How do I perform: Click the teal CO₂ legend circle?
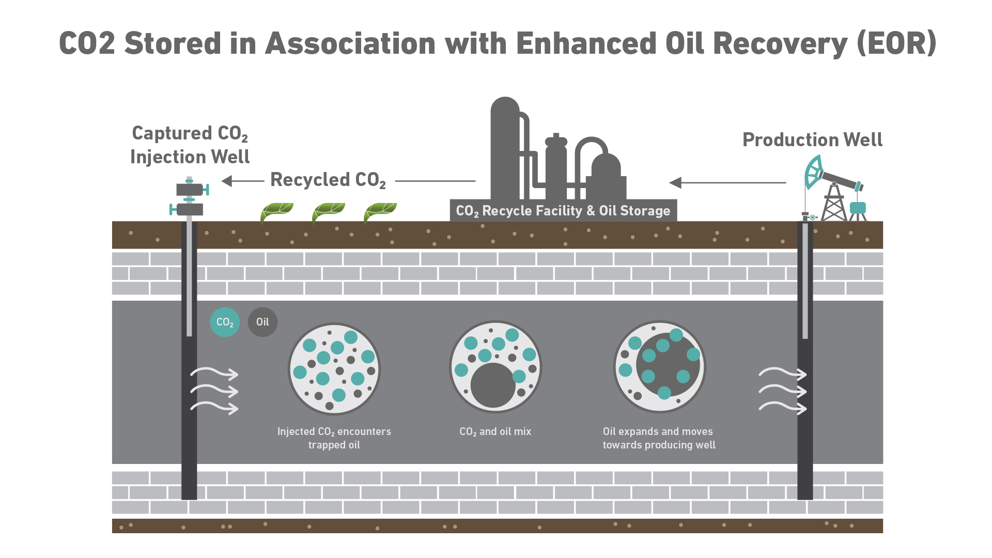pos(225,322)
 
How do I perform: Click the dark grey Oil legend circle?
pos(262,322)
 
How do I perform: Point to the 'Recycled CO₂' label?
pos(328,180)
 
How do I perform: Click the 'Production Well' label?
pos(812,140)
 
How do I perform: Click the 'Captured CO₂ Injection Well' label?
pos(190,145)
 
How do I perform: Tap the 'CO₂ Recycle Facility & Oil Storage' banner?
pos(563,211)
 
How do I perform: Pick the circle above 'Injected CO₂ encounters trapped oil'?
pos(334,369)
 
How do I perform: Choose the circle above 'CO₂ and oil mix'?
pos(495,367)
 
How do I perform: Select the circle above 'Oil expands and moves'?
pos(659,367)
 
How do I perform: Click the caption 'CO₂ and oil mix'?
pos(495,432)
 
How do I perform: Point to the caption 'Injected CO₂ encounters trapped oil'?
pos(334,438)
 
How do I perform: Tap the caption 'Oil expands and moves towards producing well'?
pos(659,438)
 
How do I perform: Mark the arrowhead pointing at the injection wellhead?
pos(227,181)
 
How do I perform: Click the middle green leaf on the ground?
pos(328,211)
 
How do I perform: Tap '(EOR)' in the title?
pos(896,43)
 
